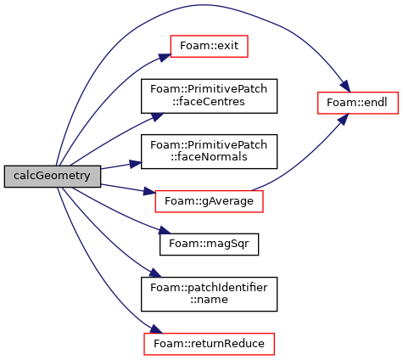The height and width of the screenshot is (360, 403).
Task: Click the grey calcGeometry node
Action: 53,177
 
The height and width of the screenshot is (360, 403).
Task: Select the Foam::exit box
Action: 209,46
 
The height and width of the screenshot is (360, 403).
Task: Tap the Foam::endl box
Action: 358,103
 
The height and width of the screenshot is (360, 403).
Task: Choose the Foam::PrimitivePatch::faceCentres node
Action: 209,96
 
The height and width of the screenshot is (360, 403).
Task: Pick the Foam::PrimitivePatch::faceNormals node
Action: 209,151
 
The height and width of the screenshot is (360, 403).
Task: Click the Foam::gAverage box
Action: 209,201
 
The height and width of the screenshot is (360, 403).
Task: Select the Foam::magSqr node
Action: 209,245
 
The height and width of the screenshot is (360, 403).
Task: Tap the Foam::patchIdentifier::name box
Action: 209,294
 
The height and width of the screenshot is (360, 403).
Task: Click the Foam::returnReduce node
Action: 209,344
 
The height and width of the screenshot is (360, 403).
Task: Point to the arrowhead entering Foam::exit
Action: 165,57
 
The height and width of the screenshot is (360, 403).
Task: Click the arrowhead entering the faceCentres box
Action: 157,117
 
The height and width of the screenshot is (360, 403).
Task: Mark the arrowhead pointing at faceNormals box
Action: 136,164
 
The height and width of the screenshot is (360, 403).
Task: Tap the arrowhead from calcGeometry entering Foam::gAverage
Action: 149,192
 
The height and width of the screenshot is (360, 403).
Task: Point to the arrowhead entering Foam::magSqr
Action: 165,230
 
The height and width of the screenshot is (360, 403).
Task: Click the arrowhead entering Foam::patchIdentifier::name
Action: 155,273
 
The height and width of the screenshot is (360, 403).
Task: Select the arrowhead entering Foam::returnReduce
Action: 157,329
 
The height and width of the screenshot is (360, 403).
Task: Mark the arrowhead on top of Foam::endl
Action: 345,87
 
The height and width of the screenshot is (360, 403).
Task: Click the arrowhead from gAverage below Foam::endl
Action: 343,119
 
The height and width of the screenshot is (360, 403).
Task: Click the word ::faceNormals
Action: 209,157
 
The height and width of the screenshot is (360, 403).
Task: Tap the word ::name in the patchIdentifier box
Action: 209,300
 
